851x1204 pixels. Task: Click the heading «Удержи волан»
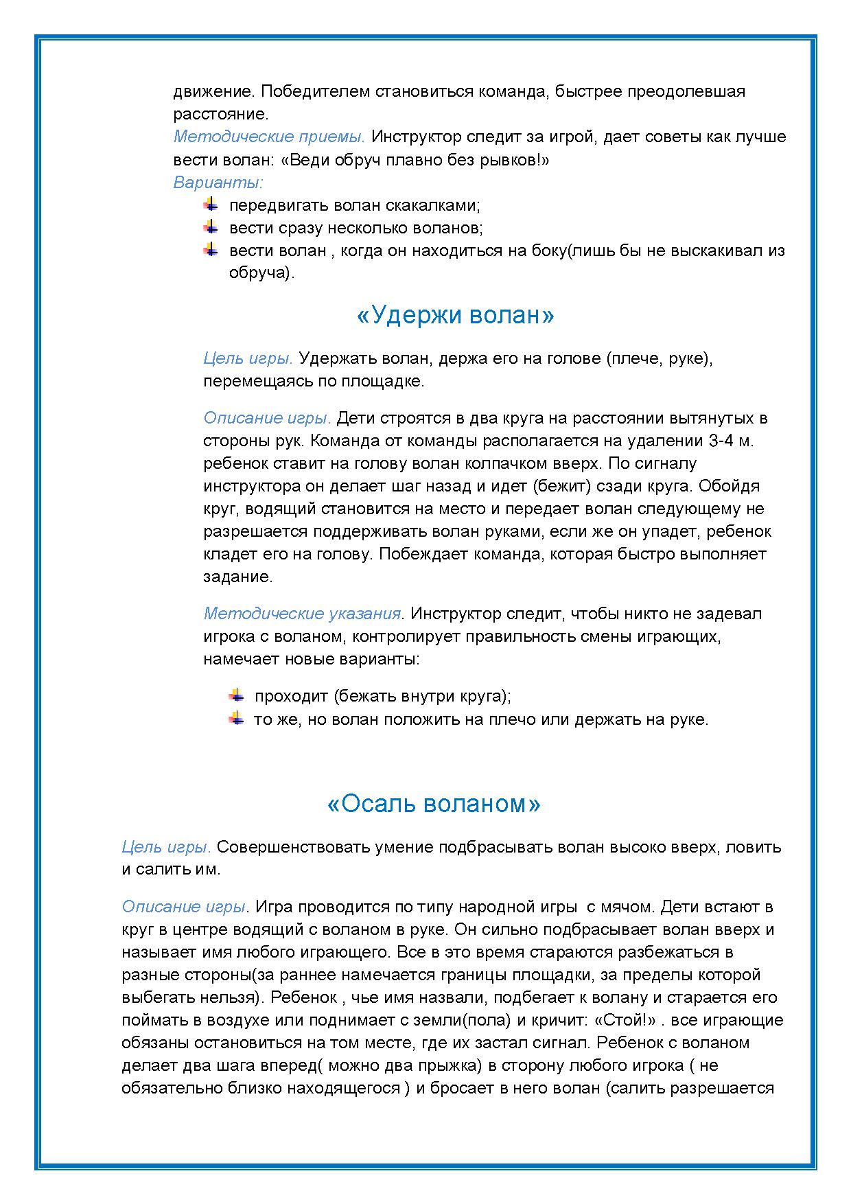pos(455,316)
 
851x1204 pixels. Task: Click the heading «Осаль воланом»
pos(434,804)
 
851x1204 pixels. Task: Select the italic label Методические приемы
pos(268,137)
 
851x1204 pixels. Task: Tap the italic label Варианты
pos(218,183)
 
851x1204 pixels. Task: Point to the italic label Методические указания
pos(303,613)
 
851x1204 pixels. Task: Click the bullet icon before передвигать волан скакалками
pos(211,205)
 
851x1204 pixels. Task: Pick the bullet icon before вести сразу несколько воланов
pos(211,227)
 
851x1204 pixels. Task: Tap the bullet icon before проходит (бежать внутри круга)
pos(236,695)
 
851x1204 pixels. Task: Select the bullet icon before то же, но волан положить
pos(236,719)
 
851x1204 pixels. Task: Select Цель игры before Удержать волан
pos(248,358)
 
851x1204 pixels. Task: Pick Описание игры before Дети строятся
pos(267,418)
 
